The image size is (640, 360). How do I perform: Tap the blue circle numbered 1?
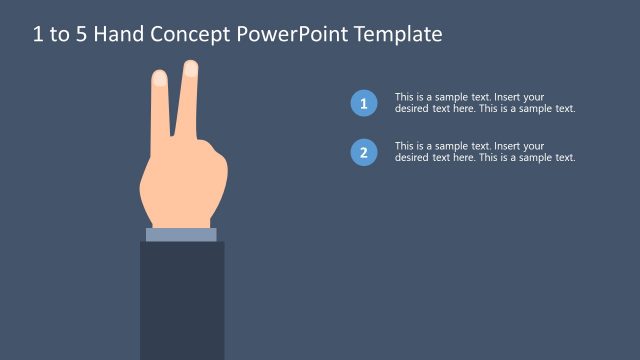pyautogui.click(x=364, y=103)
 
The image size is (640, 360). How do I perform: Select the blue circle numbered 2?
pyautogui.click(x=364, y=153)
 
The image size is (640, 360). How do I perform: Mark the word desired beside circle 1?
pyautogui.click(x=412, y=108)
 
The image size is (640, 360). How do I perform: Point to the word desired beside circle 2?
pyautogui.click(x=412, y=157)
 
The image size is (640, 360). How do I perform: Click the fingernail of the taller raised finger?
pyautogui.click(x=190, y=68)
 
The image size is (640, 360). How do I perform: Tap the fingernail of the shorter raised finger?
pyautogui.click(x=159, y=76)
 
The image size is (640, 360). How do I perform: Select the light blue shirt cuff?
pyautogui.click(x=181, y=235)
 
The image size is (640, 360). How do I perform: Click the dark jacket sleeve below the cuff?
pyautogui.click(x=181, y=300)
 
